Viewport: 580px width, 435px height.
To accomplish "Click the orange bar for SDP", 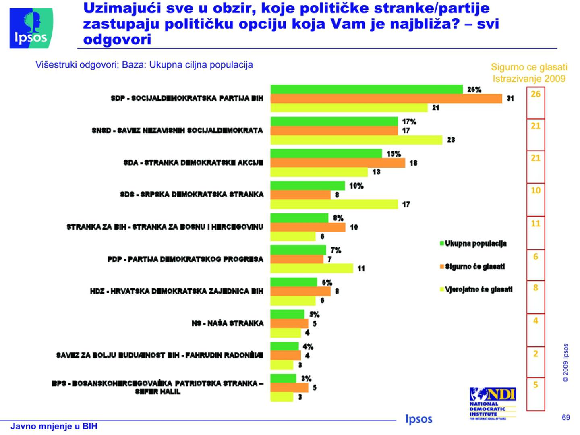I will (x=386, y=98).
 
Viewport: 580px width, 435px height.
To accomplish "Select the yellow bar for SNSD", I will (x=356, y=140).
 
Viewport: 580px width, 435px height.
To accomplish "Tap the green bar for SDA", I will (x=326, y=153).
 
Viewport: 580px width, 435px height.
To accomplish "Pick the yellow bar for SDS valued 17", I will (x=334, y=204).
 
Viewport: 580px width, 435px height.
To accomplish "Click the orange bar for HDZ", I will (x=300, y=291).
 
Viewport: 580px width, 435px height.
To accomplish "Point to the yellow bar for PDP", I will (x=311, y=268).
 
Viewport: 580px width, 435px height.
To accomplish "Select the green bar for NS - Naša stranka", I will (x=287, y=314).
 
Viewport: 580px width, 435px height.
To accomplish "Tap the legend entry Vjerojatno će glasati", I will (x=478, y=289).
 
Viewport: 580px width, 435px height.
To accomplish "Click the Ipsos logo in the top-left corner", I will (x=31, y=28).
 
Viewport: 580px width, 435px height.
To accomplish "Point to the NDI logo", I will (x=493, y=403).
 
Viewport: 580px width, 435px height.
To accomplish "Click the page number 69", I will (x=566, y=417).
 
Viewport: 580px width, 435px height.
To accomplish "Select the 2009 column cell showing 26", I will (x=535, y=94).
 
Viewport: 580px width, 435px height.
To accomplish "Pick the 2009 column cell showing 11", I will (x=535, y=224).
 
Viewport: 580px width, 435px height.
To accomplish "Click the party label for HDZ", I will (x=176, y=291).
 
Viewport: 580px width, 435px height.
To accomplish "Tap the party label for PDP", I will (x=185, y=259).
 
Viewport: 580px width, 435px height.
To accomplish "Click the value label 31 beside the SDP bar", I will (x=510, y=98).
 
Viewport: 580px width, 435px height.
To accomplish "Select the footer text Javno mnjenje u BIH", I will (x=54, y=426).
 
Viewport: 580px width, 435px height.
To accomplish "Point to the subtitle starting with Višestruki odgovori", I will (x=144, y=65).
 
